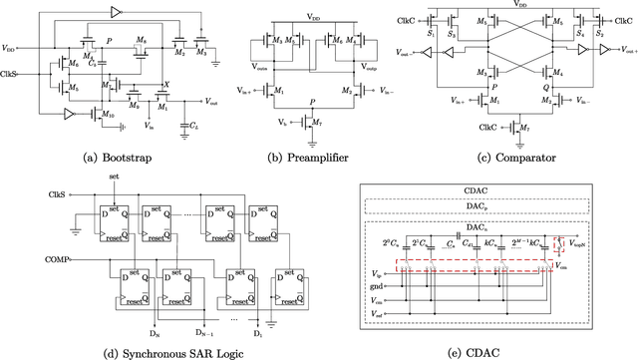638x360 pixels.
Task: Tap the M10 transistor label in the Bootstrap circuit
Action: tap(111, 117)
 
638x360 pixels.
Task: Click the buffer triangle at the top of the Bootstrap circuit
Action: tap(117, 11)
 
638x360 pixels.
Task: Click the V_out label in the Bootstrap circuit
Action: tap(212, 101)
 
